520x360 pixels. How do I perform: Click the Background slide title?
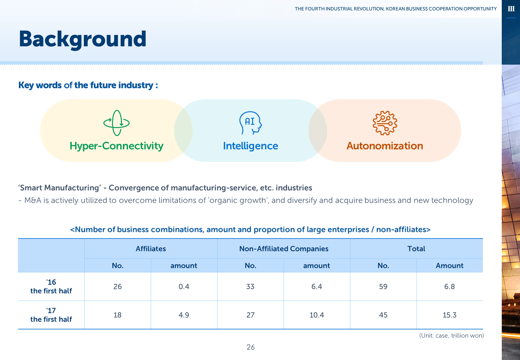(x=83, y=39)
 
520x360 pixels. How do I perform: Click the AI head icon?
(x=251, y=123)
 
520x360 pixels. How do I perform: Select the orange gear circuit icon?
(x=385, y=123)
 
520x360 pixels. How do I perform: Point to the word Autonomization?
(x=385, y=146)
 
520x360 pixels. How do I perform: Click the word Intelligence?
(x=251, y=146)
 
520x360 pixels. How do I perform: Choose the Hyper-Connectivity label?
(x=116, y=146)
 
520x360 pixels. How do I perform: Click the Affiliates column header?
(x=151, y=249)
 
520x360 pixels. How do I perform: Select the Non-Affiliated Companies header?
(x=284, y=249)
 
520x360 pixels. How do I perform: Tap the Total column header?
(x=416, y=249)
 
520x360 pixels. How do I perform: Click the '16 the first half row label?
(x=51, y=286)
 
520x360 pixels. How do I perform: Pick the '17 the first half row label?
(x=51, y=315)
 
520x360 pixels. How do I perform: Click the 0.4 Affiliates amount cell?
(x=184, y=286)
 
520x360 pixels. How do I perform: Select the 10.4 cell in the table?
(x=317, y=315)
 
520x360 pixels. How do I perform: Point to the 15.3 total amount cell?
(x=449, y=315)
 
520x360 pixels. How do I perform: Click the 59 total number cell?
(x=383, y=286)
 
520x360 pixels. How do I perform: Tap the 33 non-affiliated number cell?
(x=250, y=286)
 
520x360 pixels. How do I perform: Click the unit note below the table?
(x=451, y=336)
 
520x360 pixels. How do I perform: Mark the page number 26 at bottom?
(x=251, y=347)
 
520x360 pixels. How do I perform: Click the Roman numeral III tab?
(x=511, y=9)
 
